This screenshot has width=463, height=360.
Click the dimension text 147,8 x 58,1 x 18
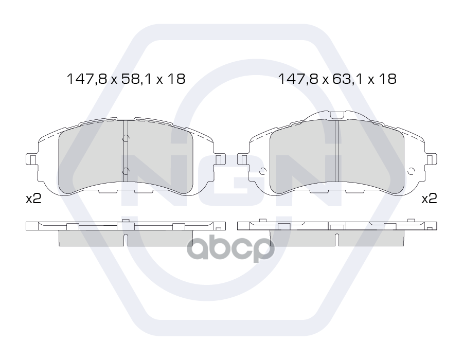126,79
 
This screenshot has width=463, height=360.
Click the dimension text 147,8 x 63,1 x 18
337,79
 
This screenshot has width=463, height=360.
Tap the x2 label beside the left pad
33,199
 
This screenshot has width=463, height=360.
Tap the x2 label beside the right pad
429,199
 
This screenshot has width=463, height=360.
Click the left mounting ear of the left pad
31,159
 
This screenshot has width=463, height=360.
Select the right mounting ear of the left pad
220,159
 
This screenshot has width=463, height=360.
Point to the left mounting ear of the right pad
243,159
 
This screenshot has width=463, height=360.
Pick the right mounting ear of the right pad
432,159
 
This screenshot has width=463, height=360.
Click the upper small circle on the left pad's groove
126,138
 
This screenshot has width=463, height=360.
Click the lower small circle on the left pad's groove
126,171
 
